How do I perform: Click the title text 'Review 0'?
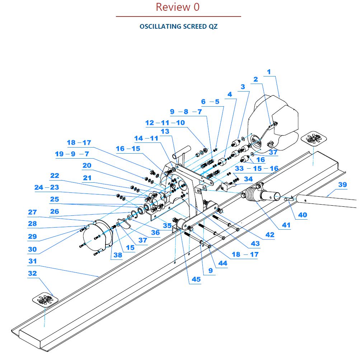(x=178, y=7)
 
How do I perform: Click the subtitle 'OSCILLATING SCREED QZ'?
(x=178, y=27)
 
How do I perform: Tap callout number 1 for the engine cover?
(x=269, y=72)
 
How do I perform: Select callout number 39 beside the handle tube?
(x=342, y=184)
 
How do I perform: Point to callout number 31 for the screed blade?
(x=33, y=261)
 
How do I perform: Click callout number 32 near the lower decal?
(x=32, y=273)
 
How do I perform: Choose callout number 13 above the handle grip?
(x=165, y=131)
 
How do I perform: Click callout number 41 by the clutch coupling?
(x=286, y=225)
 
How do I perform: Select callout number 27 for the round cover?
(x=32, y=212)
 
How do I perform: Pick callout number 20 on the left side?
(x=87, y=165)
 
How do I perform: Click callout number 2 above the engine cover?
(x=255, y=79)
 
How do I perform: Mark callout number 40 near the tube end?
(x=303, y=215)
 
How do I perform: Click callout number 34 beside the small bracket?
(x=248, y=179)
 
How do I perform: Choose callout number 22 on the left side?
(x=55, y=176)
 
